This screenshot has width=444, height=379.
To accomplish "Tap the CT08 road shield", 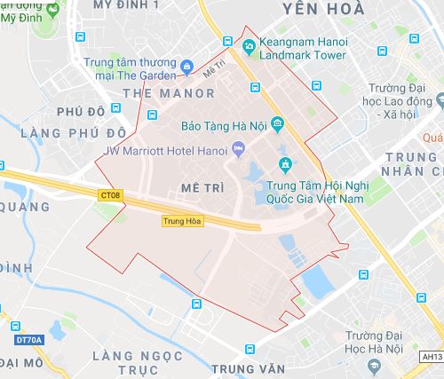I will [x=109, y=193].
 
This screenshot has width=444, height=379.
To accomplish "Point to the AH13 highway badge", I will [x=432, y=356].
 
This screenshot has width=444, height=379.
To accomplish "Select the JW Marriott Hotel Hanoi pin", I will [x=237, y=147].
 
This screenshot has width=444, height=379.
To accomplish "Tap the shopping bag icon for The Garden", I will [x=186, y=66].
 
